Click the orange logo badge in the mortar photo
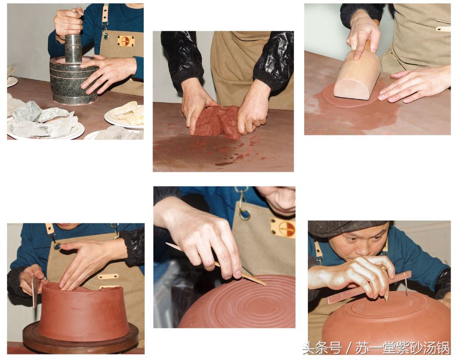(x=126, y=41)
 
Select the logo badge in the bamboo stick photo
(x=282, y=227)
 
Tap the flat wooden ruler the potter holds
(x=369, y=287)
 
